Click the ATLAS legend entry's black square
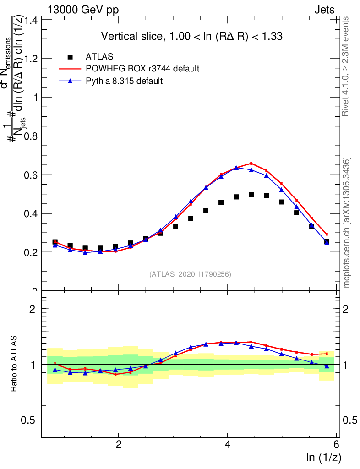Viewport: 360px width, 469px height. point(70,57)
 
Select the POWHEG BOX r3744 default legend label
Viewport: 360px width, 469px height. point(142,69)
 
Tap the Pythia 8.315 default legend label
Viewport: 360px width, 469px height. point(124,81)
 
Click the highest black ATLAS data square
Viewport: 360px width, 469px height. point(251,195)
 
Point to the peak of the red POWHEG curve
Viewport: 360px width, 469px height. point(251,163)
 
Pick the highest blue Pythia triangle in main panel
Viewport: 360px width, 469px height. point(236,168)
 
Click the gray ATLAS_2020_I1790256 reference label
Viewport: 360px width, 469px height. point(190,274)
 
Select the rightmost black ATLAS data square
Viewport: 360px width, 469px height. point(327,241)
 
